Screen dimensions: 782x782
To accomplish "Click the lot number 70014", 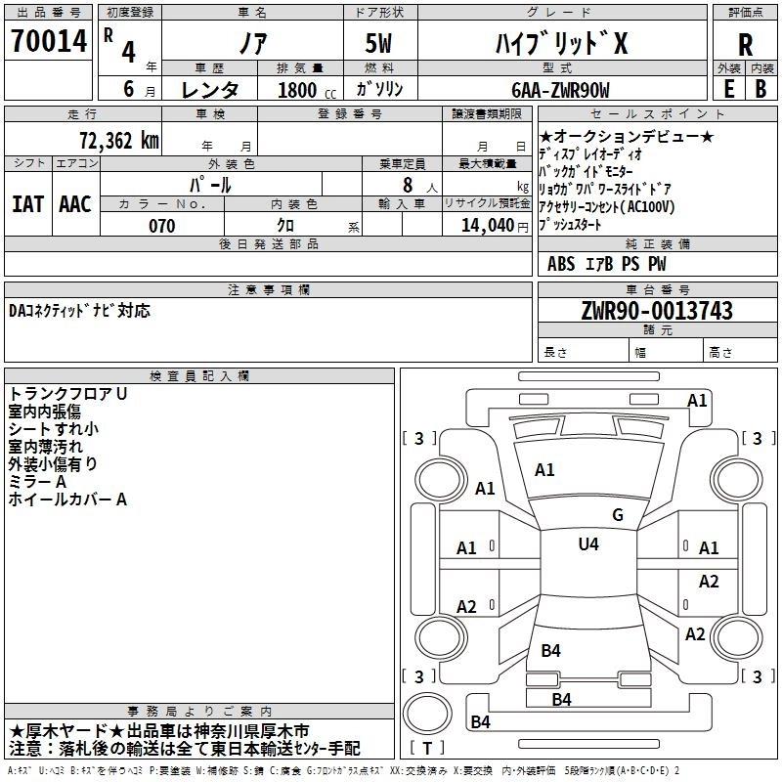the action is point(49,41).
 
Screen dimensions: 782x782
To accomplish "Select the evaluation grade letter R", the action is point(745,45).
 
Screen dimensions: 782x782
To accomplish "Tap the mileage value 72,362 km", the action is point(119,141).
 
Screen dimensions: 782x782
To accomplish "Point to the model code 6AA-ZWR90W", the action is point(560,90).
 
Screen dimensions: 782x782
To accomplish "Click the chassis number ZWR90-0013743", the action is point(657,311).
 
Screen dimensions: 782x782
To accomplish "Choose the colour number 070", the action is point(162,226).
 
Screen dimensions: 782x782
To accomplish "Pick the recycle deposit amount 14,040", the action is point(488,226).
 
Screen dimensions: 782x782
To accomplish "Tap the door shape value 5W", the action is point(378,43).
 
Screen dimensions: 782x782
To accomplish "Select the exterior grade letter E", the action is point(729,89).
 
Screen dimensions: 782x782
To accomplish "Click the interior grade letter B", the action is point(760,89).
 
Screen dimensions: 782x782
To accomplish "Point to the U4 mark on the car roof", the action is point(588,543).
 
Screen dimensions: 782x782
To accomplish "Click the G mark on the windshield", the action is point(618,515).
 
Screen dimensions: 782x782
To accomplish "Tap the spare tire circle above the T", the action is point(427,714).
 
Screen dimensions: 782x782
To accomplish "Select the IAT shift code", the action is point(28,204).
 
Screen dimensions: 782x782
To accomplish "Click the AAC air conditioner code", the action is point(75,204).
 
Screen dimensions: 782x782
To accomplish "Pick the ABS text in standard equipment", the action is point(561,264).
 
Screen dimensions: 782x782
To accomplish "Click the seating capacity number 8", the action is point(408,185).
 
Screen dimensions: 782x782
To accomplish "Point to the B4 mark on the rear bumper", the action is point(481,721).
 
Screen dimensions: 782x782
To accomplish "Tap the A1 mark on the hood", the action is point(544,470).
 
